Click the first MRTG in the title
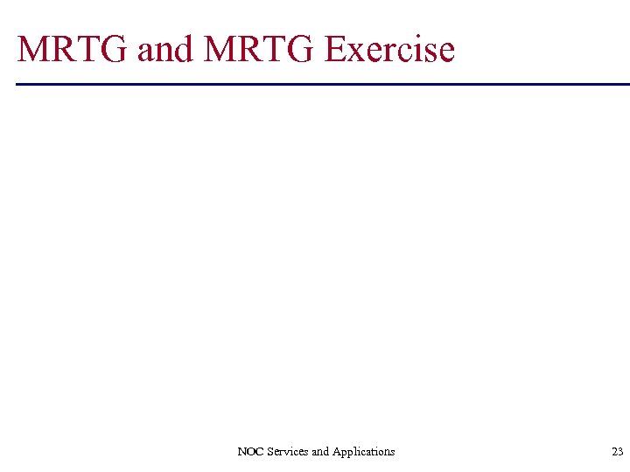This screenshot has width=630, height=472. tap(73, 49)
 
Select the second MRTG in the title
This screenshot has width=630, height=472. tap(259, 49)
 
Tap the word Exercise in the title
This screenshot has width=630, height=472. tap(389, 49)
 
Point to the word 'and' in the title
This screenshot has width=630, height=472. tap(165, 50)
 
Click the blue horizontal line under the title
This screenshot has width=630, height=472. tap(323, 84)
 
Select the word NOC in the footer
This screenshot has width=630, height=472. tap(248, 452)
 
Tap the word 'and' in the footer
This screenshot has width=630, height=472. tap(320, 452)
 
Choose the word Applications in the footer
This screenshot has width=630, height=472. tap(364, 452)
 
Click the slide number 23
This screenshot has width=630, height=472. tap(618, 452)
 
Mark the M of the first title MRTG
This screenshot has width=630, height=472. tap(33, 49)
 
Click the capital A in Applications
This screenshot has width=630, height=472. tap(337, 452)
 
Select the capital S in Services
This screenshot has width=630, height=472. tap(266, 452)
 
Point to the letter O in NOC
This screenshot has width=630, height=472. tap(248, 452)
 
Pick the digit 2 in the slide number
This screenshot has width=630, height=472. tap(615, 452)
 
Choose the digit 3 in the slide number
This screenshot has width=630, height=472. tap(621, 452)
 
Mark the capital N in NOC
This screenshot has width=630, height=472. tap(241, 452)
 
